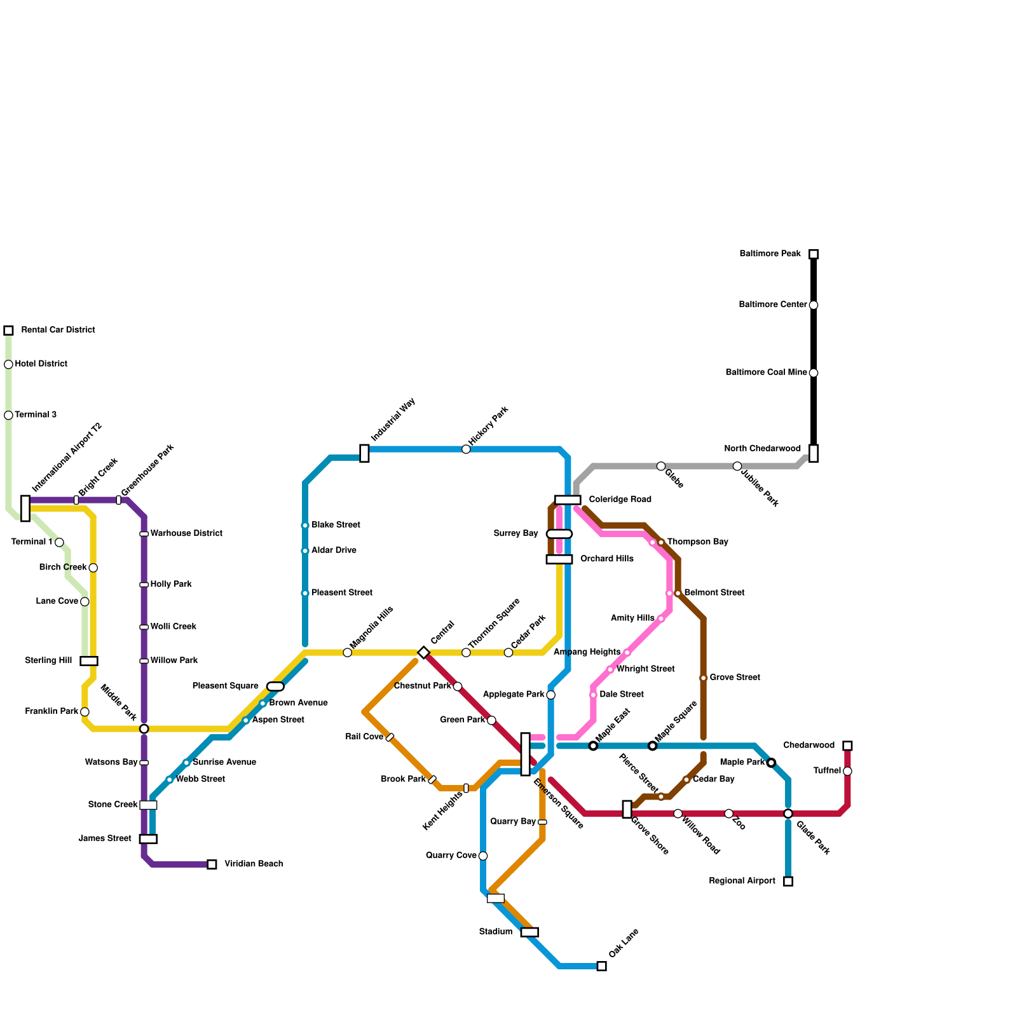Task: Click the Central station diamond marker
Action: pyautogui.click(x=424, y=652)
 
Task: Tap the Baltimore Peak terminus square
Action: pyautogui.click(x=813, y=254)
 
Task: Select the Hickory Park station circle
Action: pyautogui.click(x=466, y=449)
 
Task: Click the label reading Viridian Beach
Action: pyautogui.click(x=254, y=864)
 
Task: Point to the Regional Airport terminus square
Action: pyautogui.click(x=788, y=881)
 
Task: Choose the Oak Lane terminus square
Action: pyautogui.click(x=601, y=966)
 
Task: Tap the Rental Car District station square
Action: pyautogui.click(x=8, y=331)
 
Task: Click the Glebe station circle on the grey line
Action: pyautogui.click(x=661, y=466)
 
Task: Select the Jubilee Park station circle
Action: pyautogui.click(x=737, y=466)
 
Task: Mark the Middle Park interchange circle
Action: pyautogui.click(x=144, y=728)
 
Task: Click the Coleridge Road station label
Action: pyautogui.click(x=620, y=500)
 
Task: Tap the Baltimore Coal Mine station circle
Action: pyautogui.click(x=813, y=373)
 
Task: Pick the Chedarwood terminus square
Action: pyautogui.click(x=847, y=746)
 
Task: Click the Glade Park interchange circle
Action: pyautogui.click(x=788, y=814)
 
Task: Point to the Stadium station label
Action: pyautogui.click(x=495, y=932)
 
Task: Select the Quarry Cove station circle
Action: pyautogui.click(x=483, y=856)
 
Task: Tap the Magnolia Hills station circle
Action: pyautogui.click(x=347, y=652)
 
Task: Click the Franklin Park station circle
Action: pyautogui.click(x=85, y=712)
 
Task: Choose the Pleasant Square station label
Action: pyautogui.click(x=225, y=686)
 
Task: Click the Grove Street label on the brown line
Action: pyautogui.click(x=734, y=678)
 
